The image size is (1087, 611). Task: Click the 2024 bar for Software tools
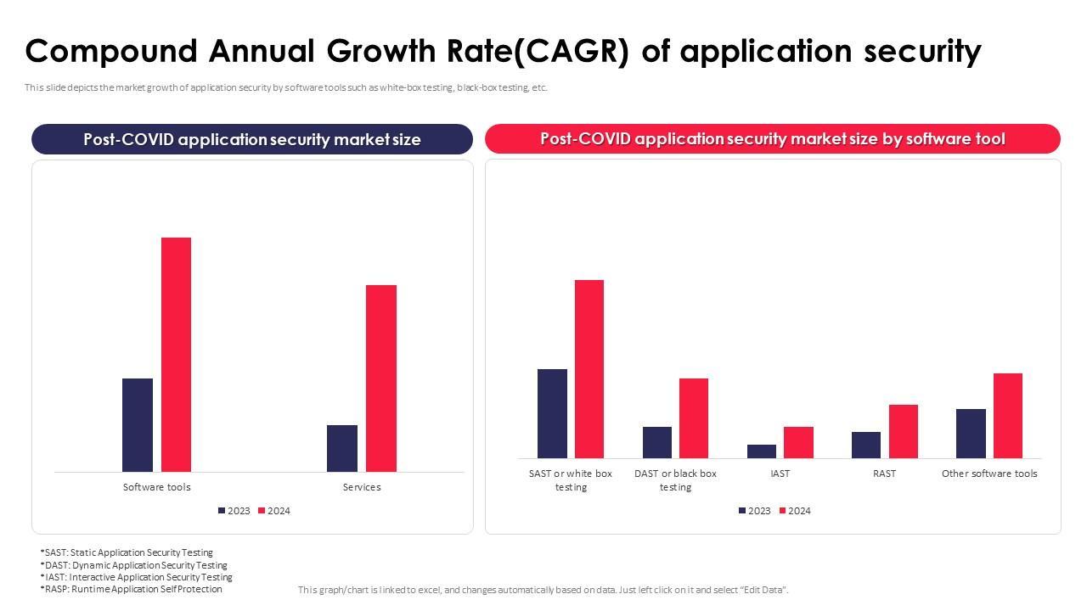click(177, 355)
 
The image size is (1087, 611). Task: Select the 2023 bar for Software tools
click(138, 425)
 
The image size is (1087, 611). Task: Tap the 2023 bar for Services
click(342, 448)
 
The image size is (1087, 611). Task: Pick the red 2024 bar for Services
click(381, 378)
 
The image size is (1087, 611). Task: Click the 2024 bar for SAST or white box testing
click(589, 369)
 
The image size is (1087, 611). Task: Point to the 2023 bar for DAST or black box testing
click(657, 442)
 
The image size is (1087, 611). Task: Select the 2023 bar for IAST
click(762, 451)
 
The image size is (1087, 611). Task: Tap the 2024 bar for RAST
click(904, 431)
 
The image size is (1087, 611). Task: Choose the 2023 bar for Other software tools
click(971, 434)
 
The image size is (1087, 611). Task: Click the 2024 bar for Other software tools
click(1008, 416)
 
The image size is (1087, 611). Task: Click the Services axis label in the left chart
click(362, 487)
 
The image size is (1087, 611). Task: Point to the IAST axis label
click(780, 474)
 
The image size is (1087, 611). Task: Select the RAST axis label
click(884, 474)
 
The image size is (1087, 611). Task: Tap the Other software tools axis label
click(989, 474)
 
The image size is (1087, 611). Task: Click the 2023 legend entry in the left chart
click(234, 511)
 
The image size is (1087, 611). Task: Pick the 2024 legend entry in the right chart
click(795, 511)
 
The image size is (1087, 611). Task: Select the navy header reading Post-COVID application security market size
click(252, 139)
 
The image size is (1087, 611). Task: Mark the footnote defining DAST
click(133, 565)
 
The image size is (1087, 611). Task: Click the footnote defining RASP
click(131, 589)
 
